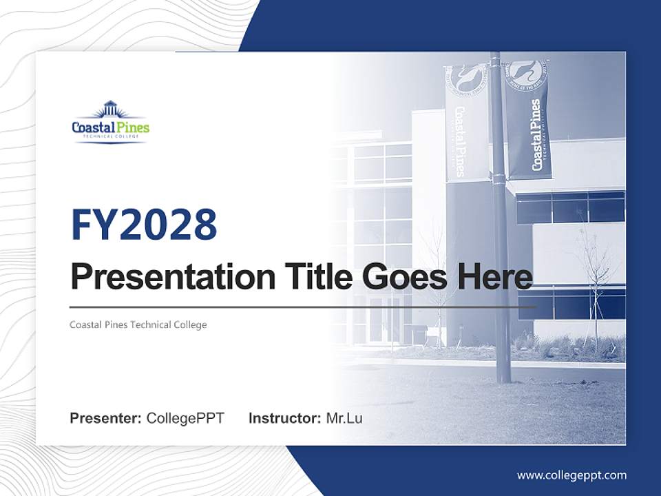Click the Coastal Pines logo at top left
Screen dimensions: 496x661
coord(110,123)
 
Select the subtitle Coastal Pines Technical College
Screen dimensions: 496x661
coord(138,324)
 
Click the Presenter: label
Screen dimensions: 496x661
coord(106,418)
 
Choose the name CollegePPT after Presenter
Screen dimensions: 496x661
coord(185,418)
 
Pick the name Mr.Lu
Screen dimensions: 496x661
coord(344,418)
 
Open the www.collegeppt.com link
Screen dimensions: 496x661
coord(571,475)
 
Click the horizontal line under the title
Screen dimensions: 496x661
coord(303,307)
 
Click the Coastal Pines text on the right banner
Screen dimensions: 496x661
coord(535,134)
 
